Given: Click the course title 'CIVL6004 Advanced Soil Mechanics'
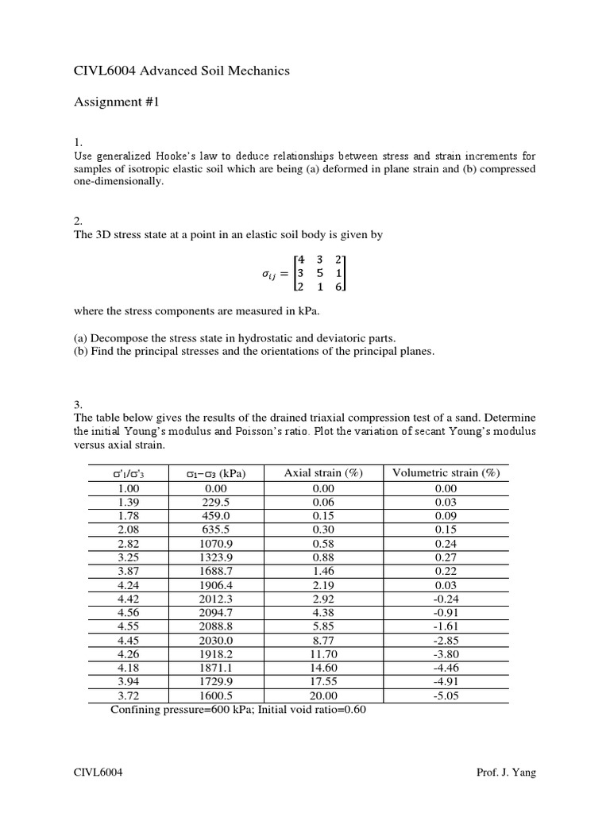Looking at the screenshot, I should [x=182, y=71].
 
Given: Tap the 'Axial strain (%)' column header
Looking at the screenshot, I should [x=322, y=473].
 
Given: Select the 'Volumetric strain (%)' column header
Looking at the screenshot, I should [x=446, y=473].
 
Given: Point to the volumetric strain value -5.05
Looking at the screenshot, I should [x=446, y=695].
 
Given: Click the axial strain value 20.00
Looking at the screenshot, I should [x=322, y=695].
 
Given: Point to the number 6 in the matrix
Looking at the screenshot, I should [x=339, y=287].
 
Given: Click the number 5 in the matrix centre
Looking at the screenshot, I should [x=320, y=273].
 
